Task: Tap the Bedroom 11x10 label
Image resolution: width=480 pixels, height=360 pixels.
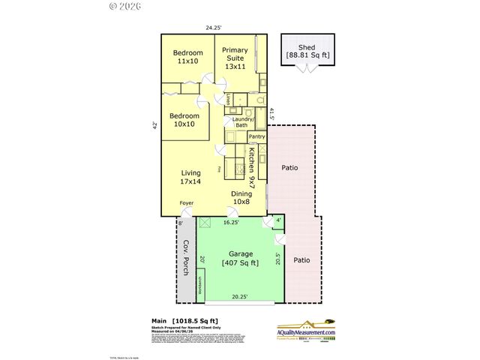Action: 187,57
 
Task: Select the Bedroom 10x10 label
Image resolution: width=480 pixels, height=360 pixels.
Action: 184,120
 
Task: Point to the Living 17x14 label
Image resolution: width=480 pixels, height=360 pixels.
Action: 190,177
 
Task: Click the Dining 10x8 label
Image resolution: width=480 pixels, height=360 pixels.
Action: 241,197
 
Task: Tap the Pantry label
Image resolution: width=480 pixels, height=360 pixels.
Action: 256,136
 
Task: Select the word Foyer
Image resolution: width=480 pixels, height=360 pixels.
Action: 186,203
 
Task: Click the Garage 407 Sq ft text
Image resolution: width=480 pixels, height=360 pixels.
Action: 241,259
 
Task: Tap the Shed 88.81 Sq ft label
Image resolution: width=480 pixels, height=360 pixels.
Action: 307,51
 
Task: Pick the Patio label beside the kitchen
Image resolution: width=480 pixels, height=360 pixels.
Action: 290,168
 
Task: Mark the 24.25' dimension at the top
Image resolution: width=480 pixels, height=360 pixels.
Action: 214,28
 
